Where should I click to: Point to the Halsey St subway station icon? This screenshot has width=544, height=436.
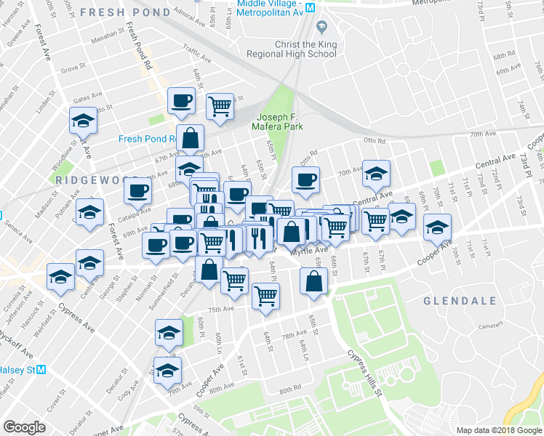click(x=41, y=369)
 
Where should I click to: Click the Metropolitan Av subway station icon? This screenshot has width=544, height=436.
click(x=310, y=7)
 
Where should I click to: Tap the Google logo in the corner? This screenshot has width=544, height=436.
click(x=24, y=427)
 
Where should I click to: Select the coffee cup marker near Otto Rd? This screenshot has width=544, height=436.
click(x=306, y=179)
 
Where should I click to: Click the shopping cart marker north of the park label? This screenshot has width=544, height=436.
click(x=220, y=106)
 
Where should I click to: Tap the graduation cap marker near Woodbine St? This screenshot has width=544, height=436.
click(x=84, y=120)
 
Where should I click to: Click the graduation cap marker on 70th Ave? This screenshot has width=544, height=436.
click(x=376, y=174)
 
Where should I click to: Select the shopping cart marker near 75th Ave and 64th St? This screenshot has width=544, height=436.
click(x=265, y=296)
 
